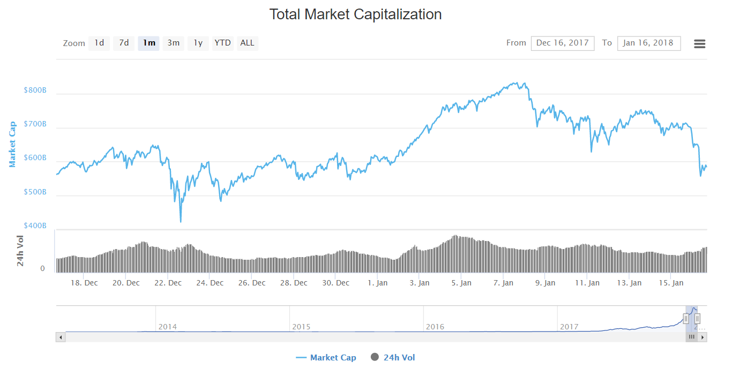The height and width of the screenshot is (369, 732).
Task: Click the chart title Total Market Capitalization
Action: point(355,14)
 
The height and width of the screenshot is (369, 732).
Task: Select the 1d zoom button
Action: point(99,43)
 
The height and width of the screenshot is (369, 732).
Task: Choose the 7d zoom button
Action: point(124,43)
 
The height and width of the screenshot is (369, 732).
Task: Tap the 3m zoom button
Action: point(173,43)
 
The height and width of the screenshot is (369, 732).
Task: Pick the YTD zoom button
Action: point(222,43)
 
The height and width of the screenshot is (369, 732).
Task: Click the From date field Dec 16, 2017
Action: point(562,43)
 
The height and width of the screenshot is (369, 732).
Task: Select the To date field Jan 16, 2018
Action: point(648,43)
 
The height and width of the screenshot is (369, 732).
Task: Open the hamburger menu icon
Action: point(699,44)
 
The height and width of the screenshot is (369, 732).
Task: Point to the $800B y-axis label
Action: point(35,91)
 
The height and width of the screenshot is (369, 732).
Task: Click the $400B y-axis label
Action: point(35,226)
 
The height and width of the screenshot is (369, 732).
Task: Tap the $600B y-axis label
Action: point(35,159)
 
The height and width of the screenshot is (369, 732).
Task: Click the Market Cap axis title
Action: point(12,144)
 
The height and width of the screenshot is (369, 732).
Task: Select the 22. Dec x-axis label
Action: point(168,283)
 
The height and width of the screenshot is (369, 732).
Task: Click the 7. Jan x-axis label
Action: point(503,283)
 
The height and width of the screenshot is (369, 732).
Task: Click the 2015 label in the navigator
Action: point(301,327)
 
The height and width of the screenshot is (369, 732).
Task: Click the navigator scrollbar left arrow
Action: point(61,337)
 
